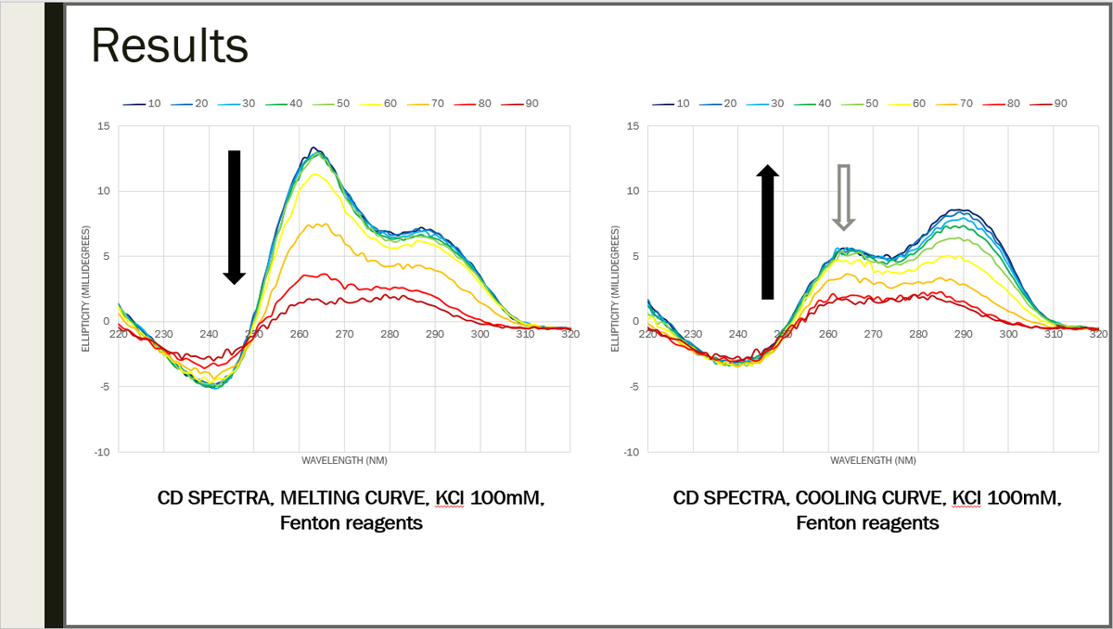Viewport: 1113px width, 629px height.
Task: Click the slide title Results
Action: point(170,45)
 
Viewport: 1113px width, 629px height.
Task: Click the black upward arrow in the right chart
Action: point(767,233)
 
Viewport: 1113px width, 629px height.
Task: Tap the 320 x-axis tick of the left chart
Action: point(569,334)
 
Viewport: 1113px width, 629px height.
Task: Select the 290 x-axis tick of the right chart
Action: point(963,334)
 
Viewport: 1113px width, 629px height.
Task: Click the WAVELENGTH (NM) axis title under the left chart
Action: point(344,460)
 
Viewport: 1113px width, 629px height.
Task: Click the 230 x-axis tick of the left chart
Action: point(163,334)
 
